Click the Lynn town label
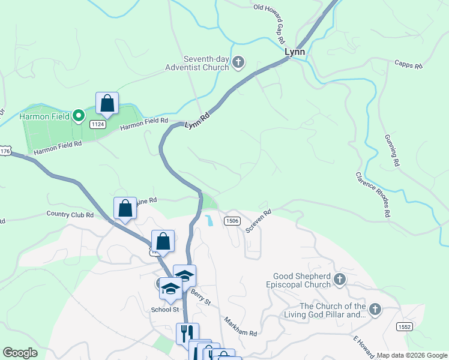pyautogui.click(x=295, y=52)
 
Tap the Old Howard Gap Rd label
pyautogui.click(x=270, y=25)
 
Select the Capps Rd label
pyautogui.click(x=409, y=64)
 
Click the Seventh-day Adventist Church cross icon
pyautogui.click(x=238, y=61)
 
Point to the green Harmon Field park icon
pyautogui.click(x=78, y=116)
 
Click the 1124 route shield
pyautogui.click(x=98, y=124)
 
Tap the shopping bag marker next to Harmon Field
pyautogui.click(x=107, y=104)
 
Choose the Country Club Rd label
pyautogui.click(x=70, y=214)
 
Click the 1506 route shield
pyautogui.click(x=233, y=221)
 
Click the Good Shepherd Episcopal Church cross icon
pyautogui.click(x=340, y=279)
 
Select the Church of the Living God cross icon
pyautogui.click(x=375, y=310)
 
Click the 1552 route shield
pyautogui.click(x=403, y=325)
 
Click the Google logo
pyautogui.click(x=20, y=353)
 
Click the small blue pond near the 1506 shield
pyautogui.click(x=208, y=220)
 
